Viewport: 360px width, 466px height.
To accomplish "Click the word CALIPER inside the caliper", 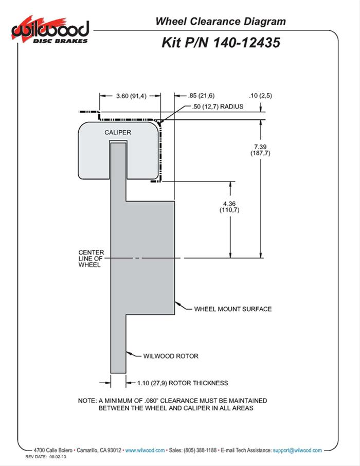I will (x=118, y=132).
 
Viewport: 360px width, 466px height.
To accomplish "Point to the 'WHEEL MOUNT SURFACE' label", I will (x=232, y=309).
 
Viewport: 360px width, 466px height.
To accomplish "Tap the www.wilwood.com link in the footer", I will (x=145, y=450).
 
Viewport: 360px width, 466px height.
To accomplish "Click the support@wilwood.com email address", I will (x=297, y=450).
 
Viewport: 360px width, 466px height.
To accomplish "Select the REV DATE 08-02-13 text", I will (x=49, y=457).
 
